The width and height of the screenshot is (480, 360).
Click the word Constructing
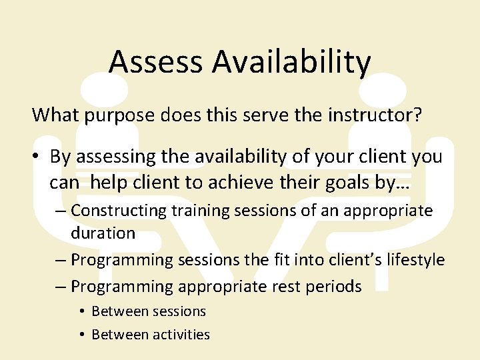[119, 211]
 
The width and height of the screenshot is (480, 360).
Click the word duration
[103, 233]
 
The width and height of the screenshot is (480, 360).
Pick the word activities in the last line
[182, 335]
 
